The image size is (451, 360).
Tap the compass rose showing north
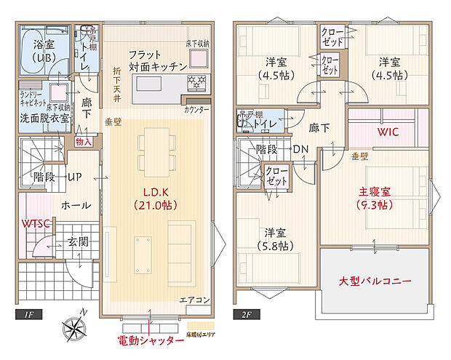[x=75, y=329]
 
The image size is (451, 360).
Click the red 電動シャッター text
[x=151, y=340]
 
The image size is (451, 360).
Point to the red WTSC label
[x=34, y=223]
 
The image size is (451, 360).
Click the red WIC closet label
[x=387, y=132]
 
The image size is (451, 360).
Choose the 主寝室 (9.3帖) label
[x=375, y=199]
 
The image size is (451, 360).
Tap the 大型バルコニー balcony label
[x=376, y=281]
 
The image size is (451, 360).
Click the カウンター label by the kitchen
[x=196, y=109]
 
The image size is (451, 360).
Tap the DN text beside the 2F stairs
[x=300, y=149]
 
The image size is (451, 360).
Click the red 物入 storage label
[x=84, y=142]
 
